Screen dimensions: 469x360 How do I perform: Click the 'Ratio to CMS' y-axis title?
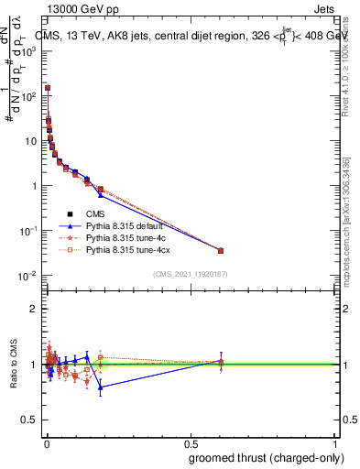pyautogui.click(x=13, y=364)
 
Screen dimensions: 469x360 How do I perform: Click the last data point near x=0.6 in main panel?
pyautogui.click(x=220, y=250)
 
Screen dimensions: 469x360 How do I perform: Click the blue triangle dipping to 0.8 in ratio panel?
pyautogui.click(x=101, y=387)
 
